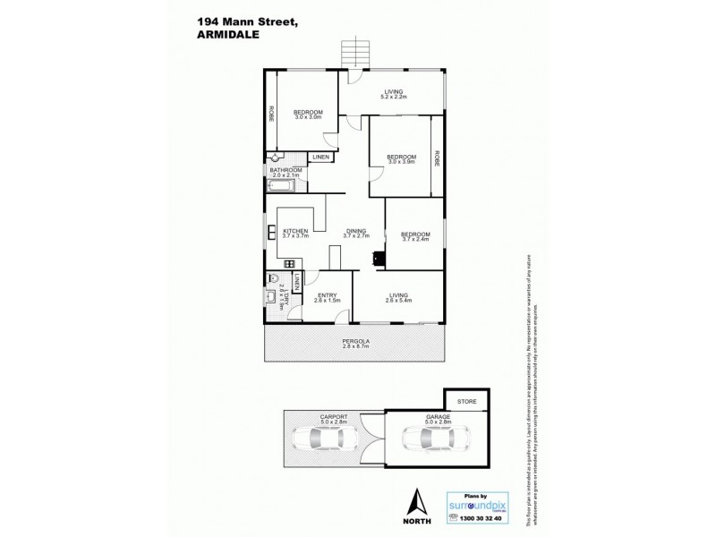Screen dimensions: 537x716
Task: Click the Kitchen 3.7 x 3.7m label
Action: (x=295, y=234)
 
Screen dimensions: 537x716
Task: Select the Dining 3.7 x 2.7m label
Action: (x=356, y=234)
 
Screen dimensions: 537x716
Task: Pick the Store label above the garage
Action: (x=465, y=401)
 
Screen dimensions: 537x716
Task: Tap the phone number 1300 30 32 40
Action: (x=480, y=519)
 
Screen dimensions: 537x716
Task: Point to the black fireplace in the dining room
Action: (x=379, y=259)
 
